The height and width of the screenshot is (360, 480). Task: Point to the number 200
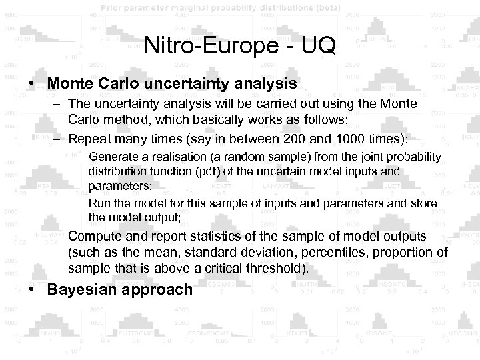[305, 138]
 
